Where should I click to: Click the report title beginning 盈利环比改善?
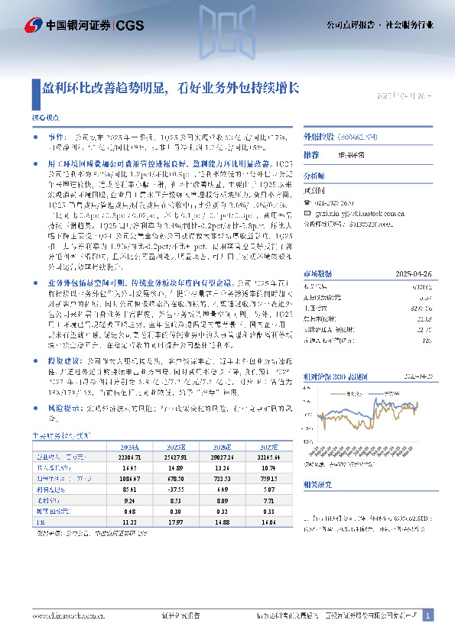pos(170,87)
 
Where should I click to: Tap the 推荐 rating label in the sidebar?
pos(311,154)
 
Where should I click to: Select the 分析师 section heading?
pos(315,176)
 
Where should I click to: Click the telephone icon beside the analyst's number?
pos(307,202)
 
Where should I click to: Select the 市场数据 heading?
pos(317,252)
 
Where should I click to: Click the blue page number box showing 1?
pos(428,615)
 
